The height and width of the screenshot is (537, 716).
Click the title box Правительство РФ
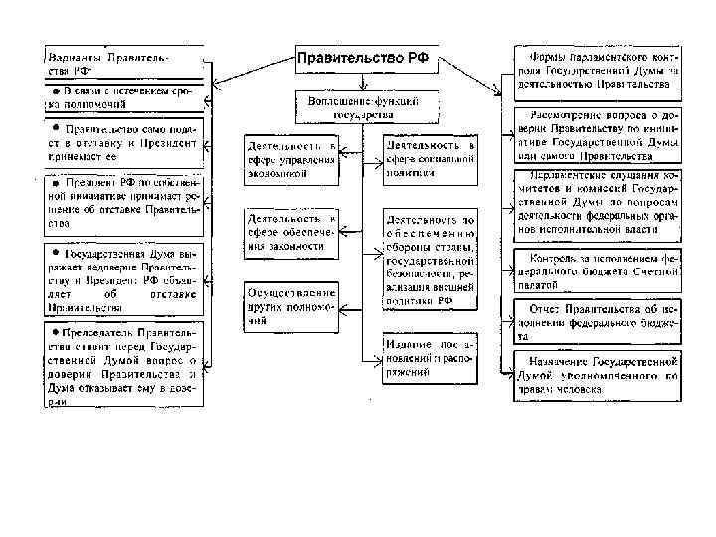(363, 60)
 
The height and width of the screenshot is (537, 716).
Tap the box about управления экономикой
(291, 159)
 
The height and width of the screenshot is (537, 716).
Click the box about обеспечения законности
(291, 231)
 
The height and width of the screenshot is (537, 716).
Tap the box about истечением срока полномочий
(121, 97)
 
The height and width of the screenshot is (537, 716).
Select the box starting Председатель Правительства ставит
(121, 365)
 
